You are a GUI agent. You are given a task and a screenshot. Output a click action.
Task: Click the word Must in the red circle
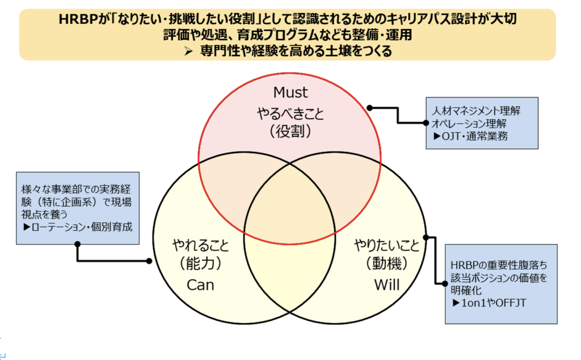point(290,92)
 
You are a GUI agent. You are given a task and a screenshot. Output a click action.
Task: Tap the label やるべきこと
point(290,113)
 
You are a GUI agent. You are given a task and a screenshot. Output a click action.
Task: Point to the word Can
point(200,284)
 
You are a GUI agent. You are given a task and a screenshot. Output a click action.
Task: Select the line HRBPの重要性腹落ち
point(499,264)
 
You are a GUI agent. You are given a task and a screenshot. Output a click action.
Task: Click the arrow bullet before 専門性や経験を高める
point(190,52)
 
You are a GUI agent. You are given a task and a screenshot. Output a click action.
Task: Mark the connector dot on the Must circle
point(369,107)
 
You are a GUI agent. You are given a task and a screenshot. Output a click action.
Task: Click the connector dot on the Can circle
point(149,261)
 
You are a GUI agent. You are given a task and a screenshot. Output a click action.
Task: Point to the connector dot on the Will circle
point(426,238)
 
